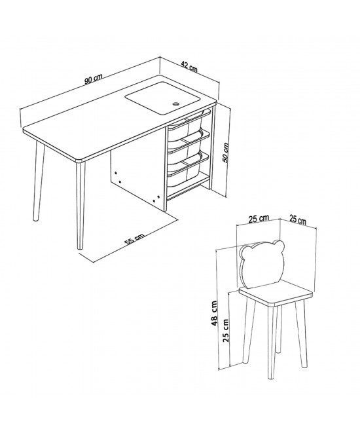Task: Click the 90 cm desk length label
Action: click(x=93, y=79)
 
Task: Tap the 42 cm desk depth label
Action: click(x=189, y=67)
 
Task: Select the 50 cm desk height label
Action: click(x=226, y=153)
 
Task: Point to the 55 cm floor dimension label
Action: click(x=134, y=238)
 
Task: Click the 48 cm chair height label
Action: click(x=214, y=313)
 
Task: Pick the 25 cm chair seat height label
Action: click(x=226, y=330)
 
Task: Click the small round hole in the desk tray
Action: click(x=175, y=104)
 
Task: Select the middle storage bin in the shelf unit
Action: click(x=189, y=144)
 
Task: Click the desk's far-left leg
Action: click(x=39, y=181)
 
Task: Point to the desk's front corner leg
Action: click(x=81, y=206)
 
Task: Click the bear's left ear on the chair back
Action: click(x=245, y=252)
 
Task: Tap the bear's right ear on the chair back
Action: click(x=278, y=244)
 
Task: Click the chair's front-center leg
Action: click(x=272, y=342)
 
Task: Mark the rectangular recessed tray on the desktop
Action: click(x=162, y=98)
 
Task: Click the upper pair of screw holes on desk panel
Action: click(x=118, y=178)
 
